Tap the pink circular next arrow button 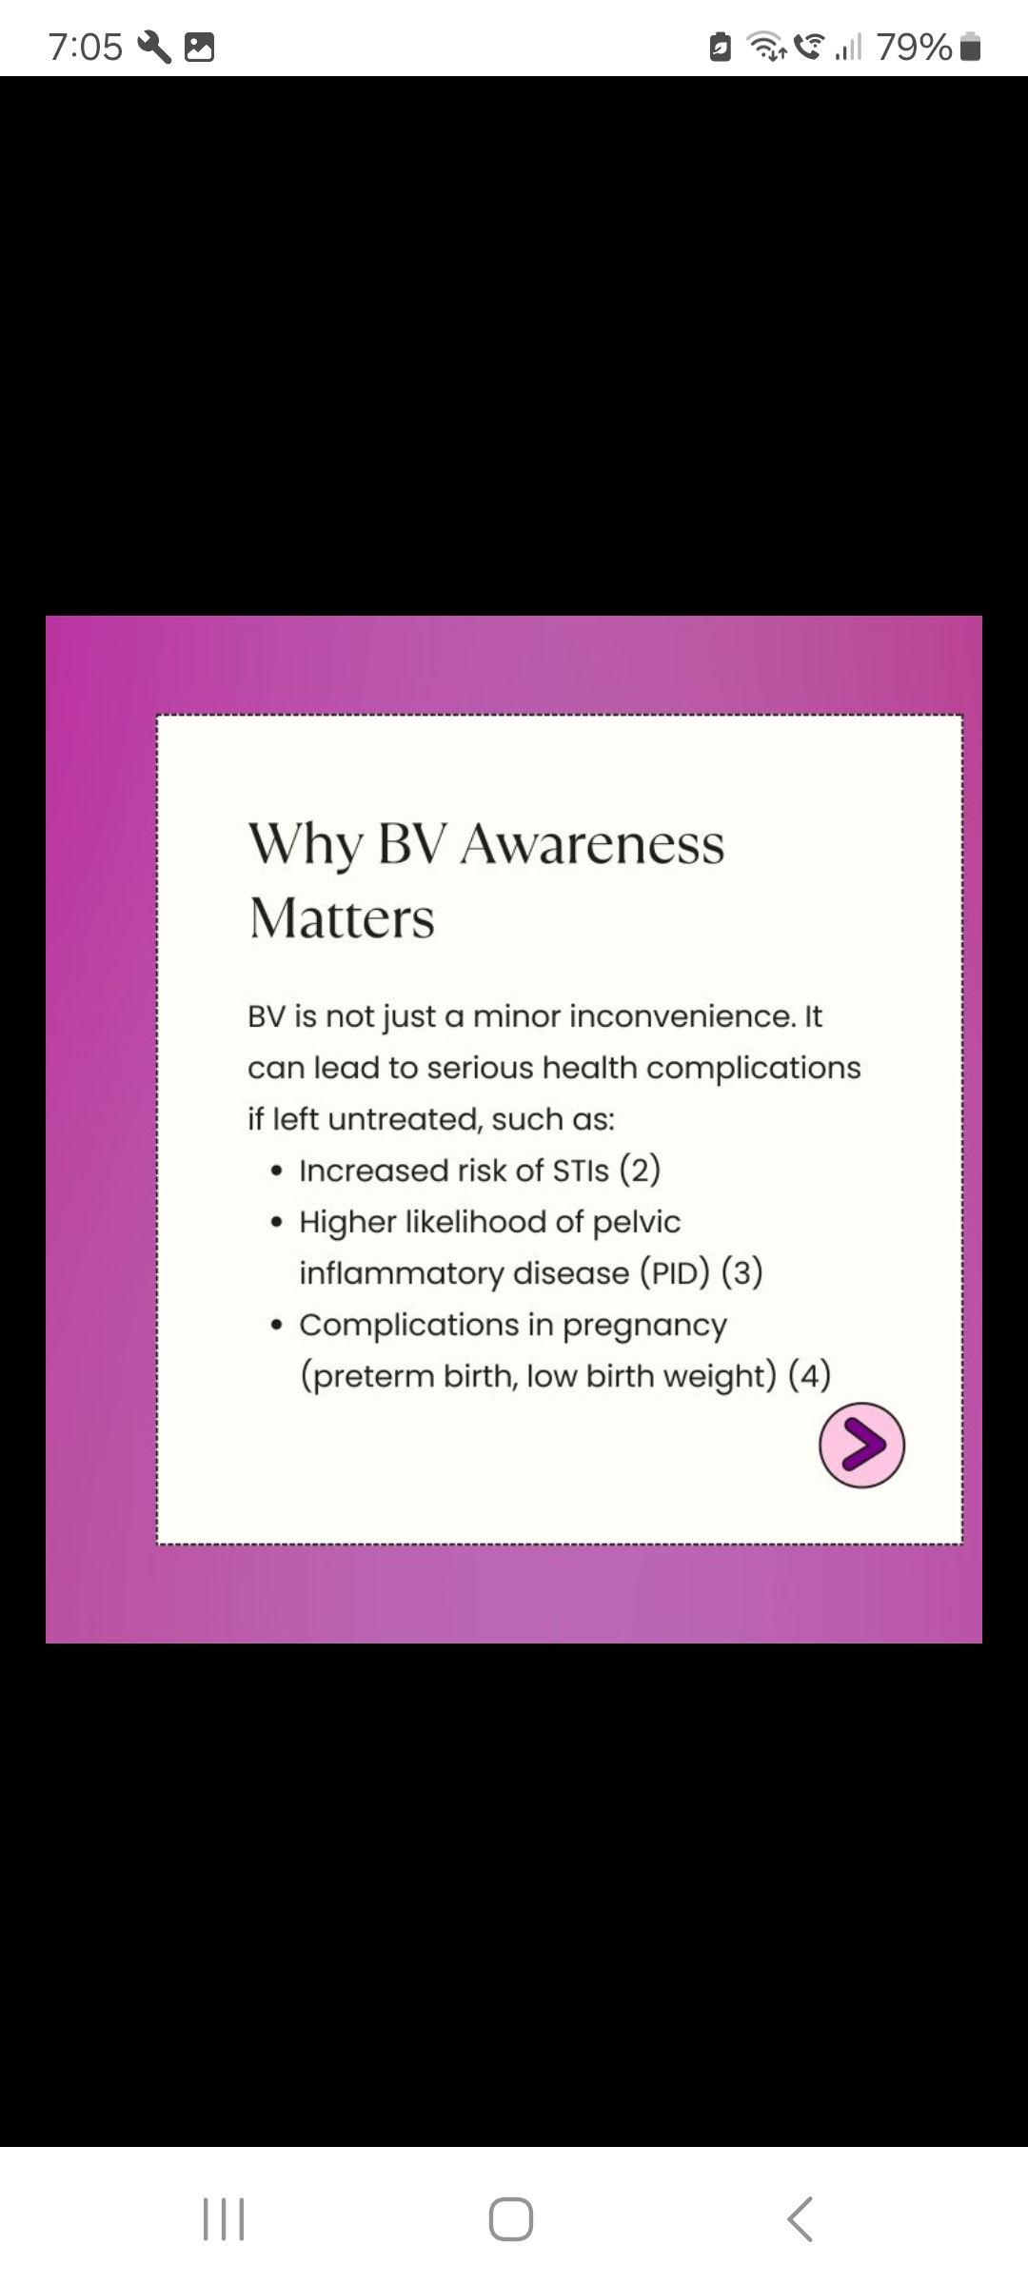tap(861, 1445)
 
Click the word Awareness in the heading tap(592, 844)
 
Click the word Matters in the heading tap(342, 919)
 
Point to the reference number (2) tap(640, 1170)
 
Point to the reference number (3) tap(741, 1272)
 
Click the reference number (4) tap(810, 1375)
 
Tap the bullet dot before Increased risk tap(276, 1172)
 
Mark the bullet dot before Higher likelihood tap(276, 1223)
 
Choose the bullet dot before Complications tap(276, 1326)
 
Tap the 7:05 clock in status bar tap(86, 47)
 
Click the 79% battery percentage tap(915, 47)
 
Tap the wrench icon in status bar tap(155, 47)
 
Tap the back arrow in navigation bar tap(800, 2218)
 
